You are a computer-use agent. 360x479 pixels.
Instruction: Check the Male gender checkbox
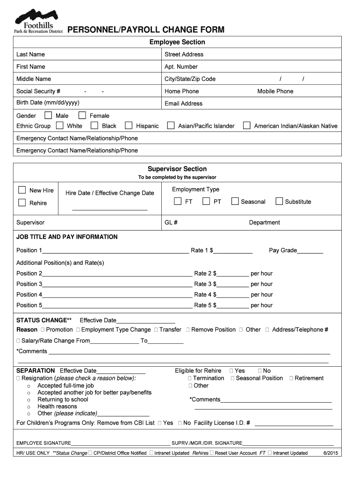tap(48, 116)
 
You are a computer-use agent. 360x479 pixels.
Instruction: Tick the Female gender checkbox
tap(82, 116)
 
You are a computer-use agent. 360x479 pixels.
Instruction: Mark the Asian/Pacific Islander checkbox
tap(171, 126)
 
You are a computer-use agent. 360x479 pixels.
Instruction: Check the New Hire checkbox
tap(22, 190)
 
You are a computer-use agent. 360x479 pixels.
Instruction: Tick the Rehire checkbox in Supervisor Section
tap(22, 203)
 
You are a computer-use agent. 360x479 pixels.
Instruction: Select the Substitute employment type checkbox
tap(279, 202)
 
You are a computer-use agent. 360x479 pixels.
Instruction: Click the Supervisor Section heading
tap(177, 169)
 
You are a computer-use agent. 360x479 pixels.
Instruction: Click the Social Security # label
tap(38, 91)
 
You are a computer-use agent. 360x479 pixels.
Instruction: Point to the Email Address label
tap(183, 103)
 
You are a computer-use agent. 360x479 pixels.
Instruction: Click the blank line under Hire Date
tap(110, 210)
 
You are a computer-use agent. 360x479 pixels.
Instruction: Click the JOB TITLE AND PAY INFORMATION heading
tap(67, 237)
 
